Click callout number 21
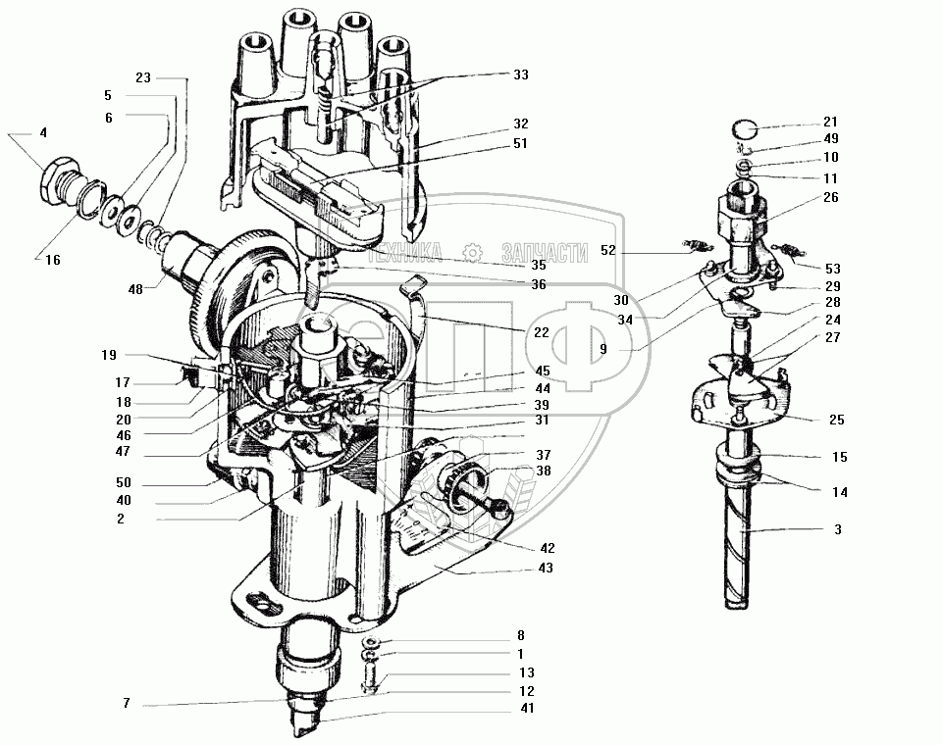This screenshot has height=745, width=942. pos(831,123)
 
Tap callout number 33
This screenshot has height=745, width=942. pos(519,74)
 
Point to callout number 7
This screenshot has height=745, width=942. pos(127,703)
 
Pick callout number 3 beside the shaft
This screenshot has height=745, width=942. pos(837,529)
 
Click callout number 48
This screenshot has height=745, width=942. pos(134,289)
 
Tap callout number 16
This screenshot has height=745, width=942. pos(51,259)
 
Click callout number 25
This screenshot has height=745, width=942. pos(837,420)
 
